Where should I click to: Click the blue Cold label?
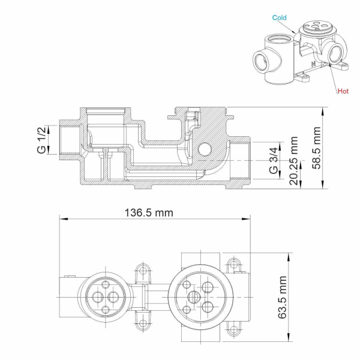pos(280,18)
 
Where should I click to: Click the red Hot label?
pos(343,91)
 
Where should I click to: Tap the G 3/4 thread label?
pos(273,160)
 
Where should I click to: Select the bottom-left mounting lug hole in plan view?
pos(142,326)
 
